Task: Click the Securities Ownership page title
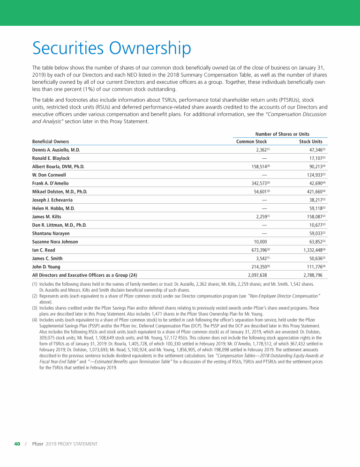pos(112,48)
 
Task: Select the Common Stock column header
pos(251,141)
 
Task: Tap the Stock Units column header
pos(311,141)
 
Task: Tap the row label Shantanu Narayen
pos(51,233)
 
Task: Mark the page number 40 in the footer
pos(17,444)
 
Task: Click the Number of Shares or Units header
pos(282,134)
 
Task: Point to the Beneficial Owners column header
pos(51,141)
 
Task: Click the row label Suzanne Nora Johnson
pos(55,242)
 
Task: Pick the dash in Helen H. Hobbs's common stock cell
pos(264,208)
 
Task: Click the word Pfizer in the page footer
pos(37,444)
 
